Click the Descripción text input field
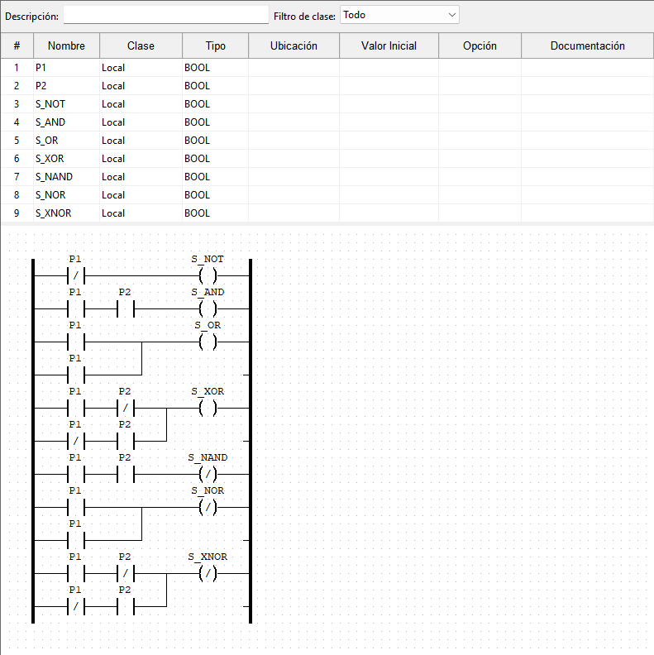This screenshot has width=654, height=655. (166, 15)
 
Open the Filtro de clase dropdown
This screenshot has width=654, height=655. (399, 15)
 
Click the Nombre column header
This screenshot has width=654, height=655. (66, 45)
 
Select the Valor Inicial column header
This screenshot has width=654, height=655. (389, 45)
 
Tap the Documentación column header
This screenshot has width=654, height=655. (587, 45)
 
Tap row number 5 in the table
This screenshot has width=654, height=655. (17, 141)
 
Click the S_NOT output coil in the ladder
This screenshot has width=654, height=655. (208, 275)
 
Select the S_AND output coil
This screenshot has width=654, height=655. (208, 309)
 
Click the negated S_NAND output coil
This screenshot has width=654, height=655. (208, 474)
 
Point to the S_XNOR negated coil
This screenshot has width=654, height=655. (208, 574)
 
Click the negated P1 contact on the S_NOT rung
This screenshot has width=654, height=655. (75, 275)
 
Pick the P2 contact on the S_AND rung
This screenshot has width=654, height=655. (126, 309)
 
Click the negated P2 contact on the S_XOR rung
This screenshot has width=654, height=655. (126, 408)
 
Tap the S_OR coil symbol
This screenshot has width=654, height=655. (208, 342)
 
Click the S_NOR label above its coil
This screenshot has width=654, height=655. (208, 490)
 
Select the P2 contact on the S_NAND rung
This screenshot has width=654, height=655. (126, 474)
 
